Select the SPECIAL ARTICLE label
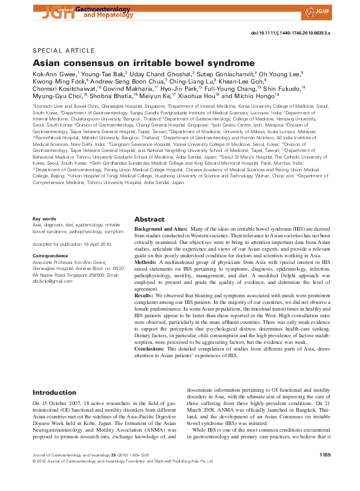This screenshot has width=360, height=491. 63,50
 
